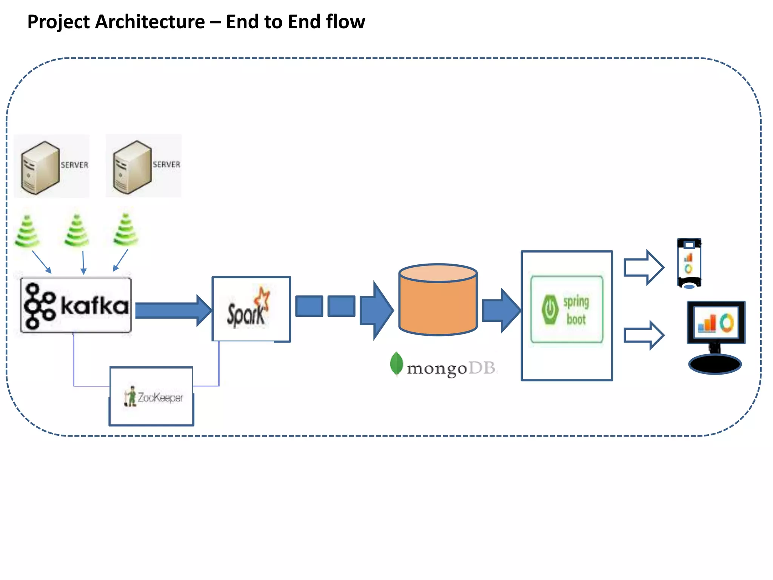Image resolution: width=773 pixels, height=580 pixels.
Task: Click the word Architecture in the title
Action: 150,22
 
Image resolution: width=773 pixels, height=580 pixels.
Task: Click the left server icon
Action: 40,168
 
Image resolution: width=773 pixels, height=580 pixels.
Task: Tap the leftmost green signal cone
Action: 27,231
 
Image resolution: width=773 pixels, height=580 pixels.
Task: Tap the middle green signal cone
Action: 77,230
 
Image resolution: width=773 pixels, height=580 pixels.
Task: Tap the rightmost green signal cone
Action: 126,230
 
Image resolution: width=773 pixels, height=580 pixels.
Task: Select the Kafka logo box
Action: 76,305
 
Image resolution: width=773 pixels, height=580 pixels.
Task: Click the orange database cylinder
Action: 438,302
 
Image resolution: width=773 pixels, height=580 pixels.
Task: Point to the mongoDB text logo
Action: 443,367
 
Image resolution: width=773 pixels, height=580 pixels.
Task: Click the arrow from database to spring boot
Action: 500,310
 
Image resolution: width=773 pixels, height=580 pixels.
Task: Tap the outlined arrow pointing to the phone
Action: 643,267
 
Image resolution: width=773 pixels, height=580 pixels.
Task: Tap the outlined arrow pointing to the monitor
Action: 643,335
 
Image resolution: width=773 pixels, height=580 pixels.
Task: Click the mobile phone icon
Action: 689,263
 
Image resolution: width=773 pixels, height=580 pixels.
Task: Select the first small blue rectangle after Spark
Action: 309,306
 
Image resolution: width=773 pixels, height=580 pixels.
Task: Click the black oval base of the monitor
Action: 714,364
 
